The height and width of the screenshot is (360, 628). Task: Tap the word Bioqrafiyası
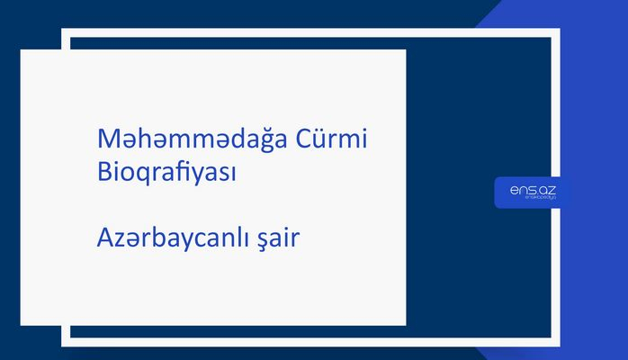point(166,171)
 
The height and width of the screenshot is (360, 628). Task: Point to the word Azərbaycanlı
point(166,240)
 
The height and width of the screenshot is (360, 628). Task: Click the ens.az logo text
point(525,189)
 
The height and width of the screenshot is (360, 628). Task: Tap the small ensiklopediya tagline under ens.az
point(526,199)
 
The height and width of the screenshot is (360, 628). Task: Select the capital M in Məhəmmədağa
point(106,140)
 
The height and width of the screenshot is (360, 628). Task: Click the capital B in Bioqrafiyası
point(103,171)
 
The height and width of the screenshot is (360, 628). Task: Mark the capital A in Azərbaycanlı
point(104,240)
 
